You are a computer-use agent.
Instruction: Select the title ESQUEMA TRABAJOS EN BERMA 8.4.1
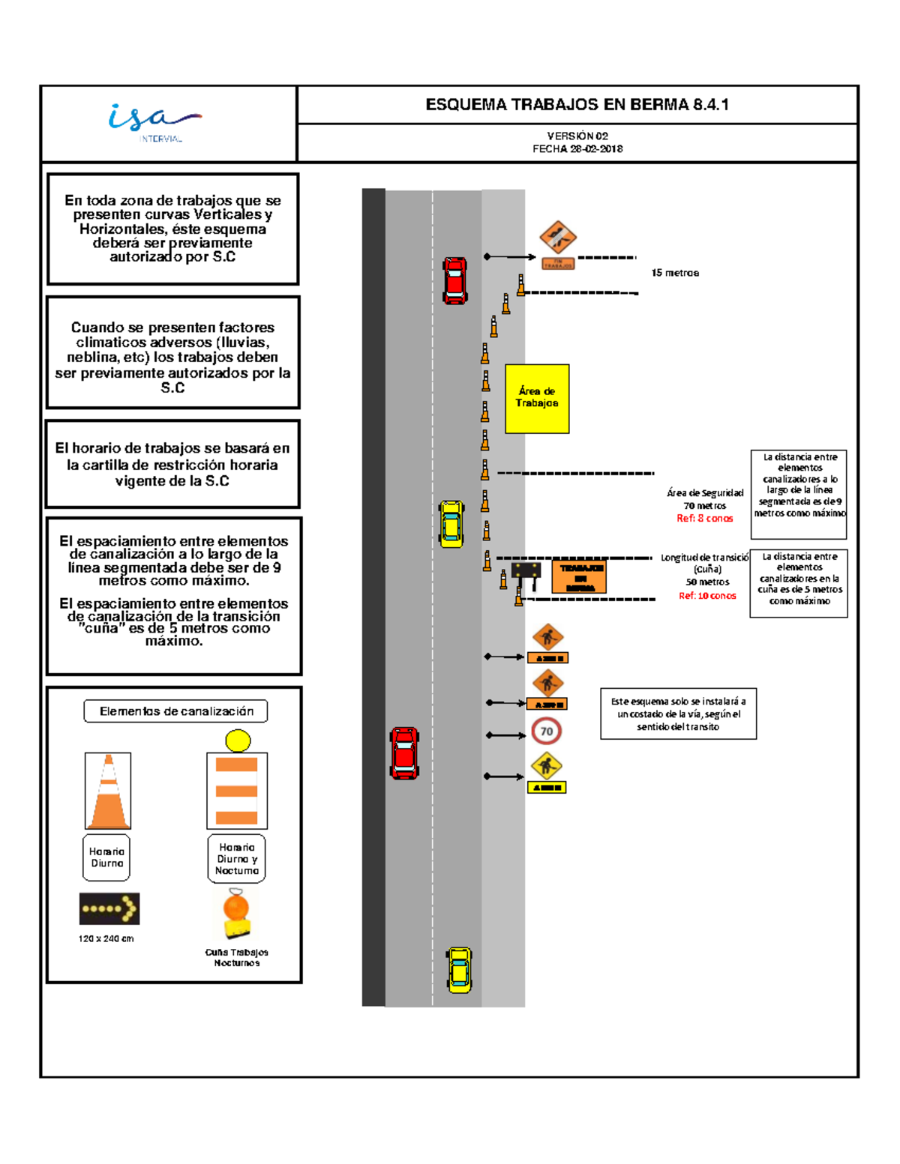tap(577, 105)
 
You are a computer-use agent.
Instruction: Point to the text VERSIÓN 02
tap(577, 136)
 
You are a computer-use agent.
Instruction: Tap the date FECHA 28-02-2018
tap(577, 148)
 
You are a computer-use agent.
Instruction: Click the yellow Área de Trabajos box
tap(537, 398)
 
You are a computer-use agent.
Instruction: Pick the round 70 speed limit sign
tap(547, 732)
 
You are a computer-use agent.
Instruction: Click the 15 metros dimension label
tap(675, 273)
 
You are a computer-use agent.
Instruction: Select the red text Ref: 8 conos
tap(704, 518)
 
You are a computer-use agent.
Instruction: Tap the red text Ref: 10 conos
tap(707, 596)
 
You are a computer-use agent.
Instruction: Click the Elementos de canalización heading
tap(176, 711)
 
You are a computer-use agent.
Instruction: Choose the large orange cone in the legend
tap(108, 791)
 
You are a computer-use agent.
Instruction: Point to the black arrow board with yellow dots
tap(109, 908)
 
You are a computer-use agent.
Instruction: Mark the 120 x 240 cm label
tap(106, 938)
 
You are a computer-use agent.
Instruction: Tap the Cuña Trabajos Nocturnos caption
tap(237, 957)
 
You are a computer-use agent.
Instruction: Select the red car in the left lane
tap(404, 753)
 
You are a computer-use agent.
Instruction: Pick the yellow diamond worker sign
tap(547, 766)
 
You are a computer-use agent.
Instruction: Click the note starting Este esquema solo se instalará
tap(678, 714)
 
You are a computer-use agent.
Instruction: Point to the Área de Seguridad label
tap(705, 492)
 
